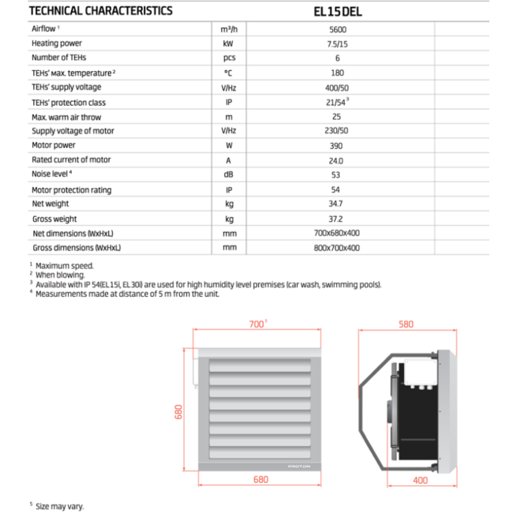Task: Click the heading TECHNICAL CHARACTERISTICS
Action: [x=100, y=11]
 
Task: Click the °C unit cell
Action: [x=229, y=73]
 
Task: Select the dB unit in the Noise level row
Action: [x=229, y=174]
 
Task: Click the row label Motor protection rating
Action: [x=71, y=189]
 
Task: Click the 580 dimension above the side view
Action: [x=406, y=324]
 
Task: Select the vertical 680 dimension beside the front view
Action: [x=178, y=413]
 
